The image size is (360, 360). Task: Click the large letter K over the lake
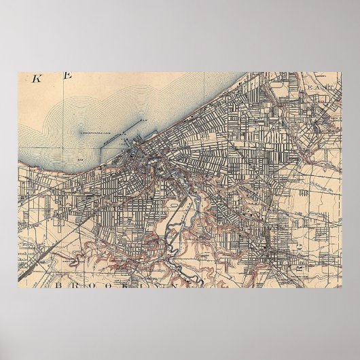38,78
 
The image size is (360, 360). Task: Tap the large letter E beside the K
67,77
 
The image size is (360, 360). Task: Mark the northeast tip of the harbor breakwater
145,120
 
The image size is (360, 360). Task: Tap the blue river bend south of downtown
178,182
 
